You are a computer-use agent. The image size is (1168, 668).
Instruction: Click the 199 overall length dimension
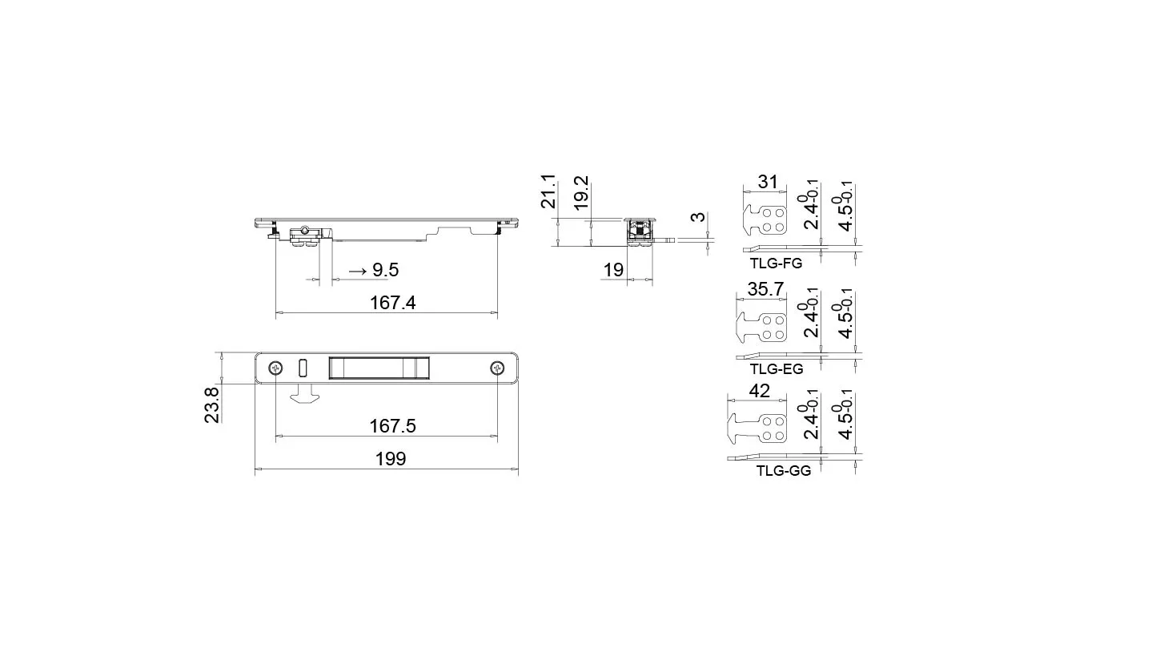[x=391, y=459]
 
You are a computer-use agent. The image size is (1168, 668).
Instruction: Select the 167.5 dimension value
[x=392, y=426]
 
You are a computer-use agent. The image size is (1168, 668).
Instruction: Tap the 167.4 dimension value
[x=392, y=303]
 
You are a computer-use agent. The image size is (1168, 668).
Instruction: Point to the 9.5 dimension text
[x=385, y=270]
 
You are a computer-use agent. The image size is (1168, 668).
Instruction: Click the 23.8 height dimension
[x=211, y=404]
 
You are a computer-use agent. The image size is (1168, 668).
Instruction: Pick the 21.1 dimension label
[x=548, y=191]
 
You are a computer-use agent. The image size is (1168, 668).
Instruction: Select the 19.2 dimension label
[x=581, y=192]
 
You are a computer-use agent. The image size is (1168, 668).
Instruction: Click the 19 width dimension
[x=613, y=270]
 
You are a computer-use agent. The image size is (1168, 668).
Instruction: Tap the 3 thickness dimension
[x=697, y=216]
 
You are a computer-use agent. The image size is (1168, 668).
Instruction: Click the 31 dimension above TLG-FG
[x=768, y=182]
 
